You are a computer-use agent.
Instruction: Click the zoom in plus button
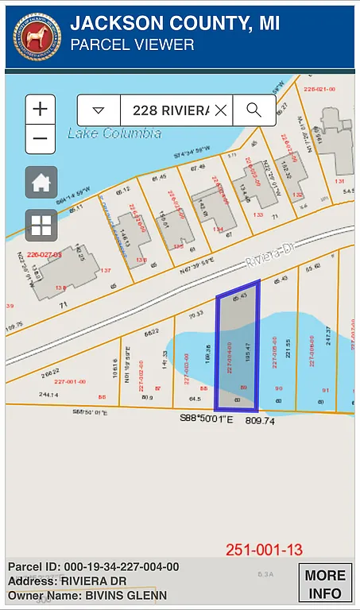point(41,109)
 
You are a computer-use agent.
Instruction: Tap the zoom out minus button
point(41,139)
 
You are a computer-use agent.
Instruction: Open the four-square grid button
point(41,226)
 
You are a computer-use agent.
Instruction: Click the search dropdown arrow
point(99,110)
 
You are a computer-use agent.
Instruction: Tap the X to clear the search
point(220,110)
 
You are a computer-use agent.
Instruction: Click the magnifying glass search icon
point(254,110)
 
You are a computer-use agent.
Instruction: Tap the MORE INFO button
point(324,584)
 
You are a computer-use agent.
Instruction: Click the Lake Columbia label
point(114,133)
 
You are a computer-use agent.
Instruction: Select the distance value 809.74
point(259,420)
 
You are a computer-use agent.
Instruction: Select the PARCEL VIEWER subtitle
point(132,45)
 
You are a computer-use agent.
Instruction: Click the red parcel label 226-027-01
point(44,254)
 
